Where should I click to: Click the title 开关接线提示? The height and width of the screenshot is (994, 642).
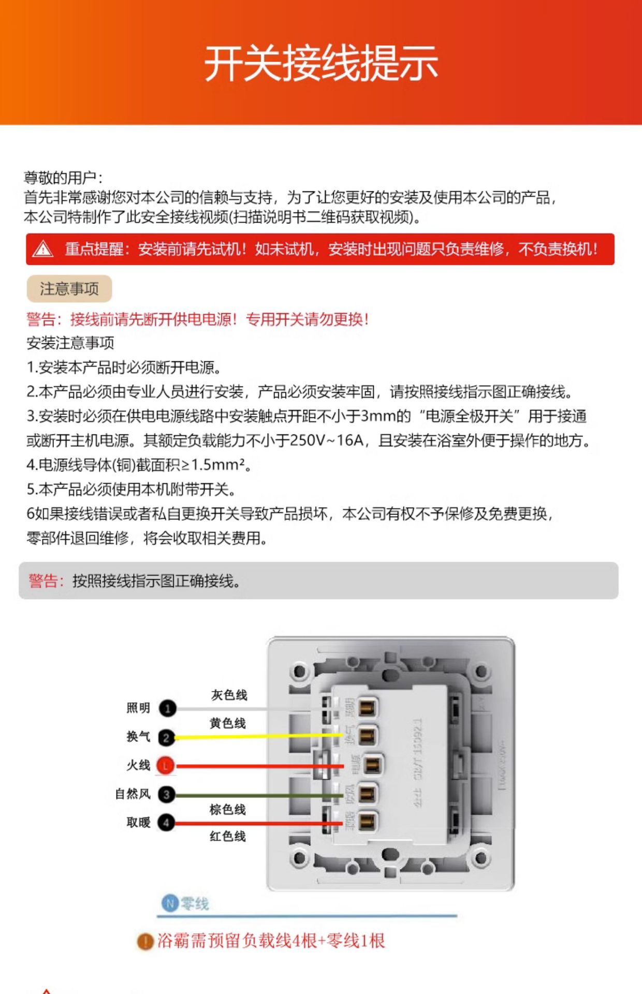(x=321, y=63)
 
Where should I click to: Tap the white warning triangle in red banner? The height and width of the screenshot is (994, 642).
(x=42, y=250)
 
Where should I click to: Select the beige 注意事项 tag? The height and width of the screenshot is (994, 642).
(x=69, y=289)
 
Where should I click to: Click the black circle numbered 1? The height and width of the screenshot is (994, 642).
(x=167, y=708)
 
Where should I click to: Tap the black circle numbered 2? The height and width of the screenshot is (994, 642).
(x=166, y=737)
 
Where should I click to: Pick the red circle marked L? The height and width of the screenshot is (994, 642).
(x=166, y=766)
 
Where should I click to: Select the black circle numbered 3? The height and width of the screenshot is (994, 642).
(x=166, y=794)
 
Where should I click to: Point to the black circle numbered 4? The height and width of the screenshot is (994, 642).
(x=166, y=822)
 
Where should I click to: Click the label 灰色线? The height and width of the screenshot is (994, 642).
(x=229, y=695)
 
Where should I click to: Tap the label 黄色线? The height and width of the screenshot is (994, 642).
(x=228, y=723)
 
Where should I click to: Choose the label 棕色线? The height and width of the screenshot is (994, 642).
(x=228, y=809)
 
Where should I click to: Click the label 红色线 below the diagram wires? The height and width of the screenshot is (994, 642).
(x=228, y=836)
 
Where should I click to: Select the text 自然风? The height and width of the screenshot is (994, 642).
(x=133, y=794)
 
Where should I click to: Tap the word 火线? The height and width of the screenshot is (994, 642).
(x=138, y=765)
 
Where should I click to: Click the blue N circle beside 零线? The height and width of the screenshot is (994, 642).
(x=169, y=903)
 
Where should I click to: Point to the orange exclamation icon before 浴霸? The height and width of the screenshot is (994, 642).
(x=145, y=941)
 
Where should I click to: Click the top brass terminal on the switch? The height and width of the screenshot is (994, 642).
(x=367, y=707)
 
